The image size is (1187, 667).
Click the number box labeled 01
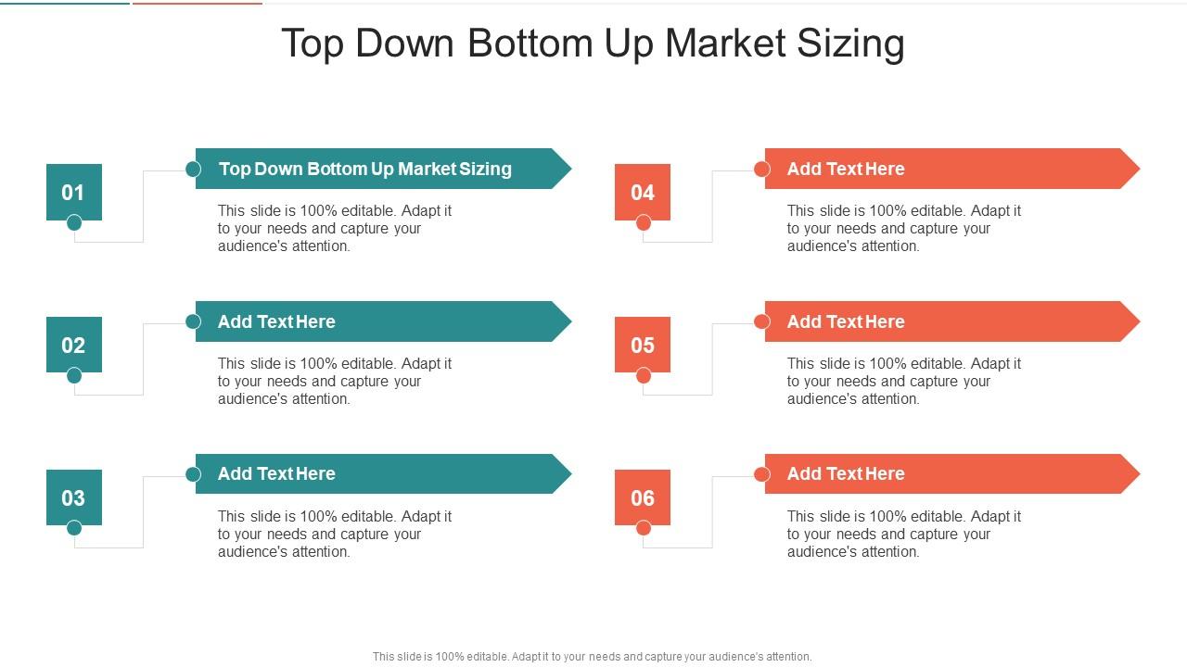click(73, 192)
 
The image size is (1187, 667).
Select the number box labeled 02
click(73, 345)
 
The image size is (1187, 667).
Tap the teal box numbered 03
click(73, 497)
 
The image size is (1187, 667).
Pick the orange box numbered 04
click(643, 192)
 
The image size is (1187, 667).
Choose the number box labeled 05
click(643, 345)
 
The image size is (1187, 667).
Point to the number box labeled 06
click(643, 497)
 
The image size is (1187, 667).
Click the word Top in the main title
click(313, 44)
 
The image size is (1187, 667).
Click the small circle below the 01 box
click(74, 222)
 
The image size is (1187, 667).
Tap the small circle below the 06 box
click(644, 528)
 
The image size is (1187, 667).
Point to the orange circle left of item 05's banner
click(762, 321)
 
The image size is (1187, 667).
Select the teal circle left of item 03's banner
click(193, 474)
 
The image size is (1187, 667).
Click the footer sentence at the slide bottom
click(592, 657)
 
